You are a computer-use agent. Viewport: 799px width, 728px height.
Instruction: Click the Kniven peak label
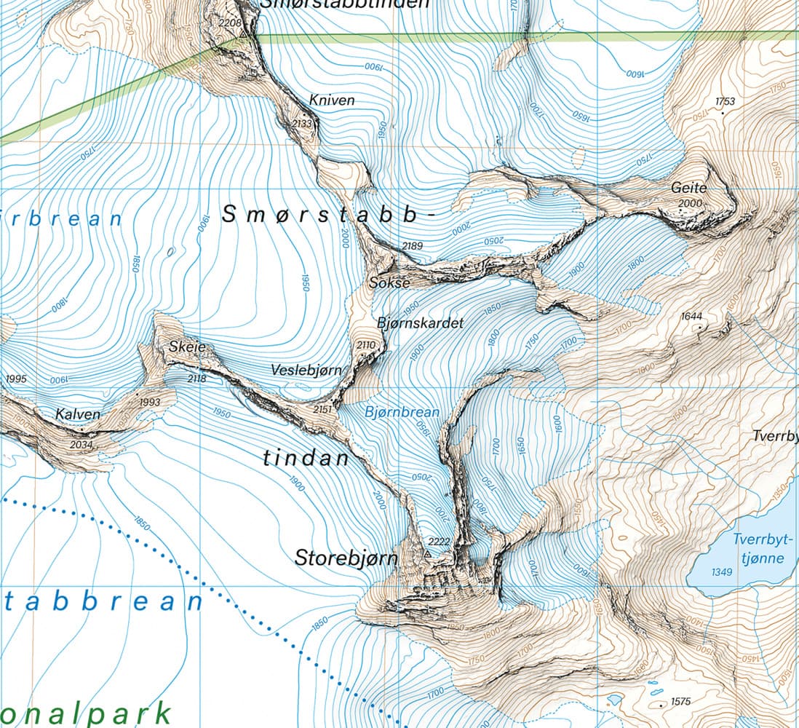click(331, 100)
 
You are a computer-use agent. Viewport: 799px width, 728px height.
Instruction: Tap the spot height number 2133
click(301, 124)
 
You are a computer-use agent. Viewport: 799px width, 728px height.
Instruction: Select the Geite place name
click(689, 188)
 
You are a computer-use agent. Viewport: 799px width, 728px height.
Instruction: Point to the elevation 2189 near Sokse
click(412, 246)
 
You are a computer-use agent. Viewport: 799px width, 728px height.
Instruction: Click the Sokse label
click(390, 282)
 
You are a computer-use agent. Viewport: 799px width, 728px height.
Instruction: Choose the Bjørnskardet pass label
click(420, 322)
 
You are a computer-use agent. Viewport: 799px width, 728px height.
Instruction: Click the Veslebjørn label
click(306, 370)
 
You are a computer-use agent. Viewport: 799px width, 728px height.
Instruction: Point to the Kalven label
click(78, 414)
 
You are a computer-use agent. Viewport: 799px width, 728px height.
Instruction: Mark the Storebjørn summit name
click(346, 558)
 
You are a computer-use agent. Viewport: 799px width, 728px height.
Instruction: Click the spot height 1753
click(726, 101)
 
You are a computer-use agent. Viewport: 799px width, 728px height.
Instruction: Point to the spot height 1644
click(691, 316)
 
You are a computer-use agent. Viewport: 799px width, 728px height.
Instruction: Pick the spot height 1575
click(681, 702)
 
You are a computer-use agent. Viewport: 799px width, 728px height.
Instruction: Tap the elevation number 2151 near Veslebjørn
click(322, 410)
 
